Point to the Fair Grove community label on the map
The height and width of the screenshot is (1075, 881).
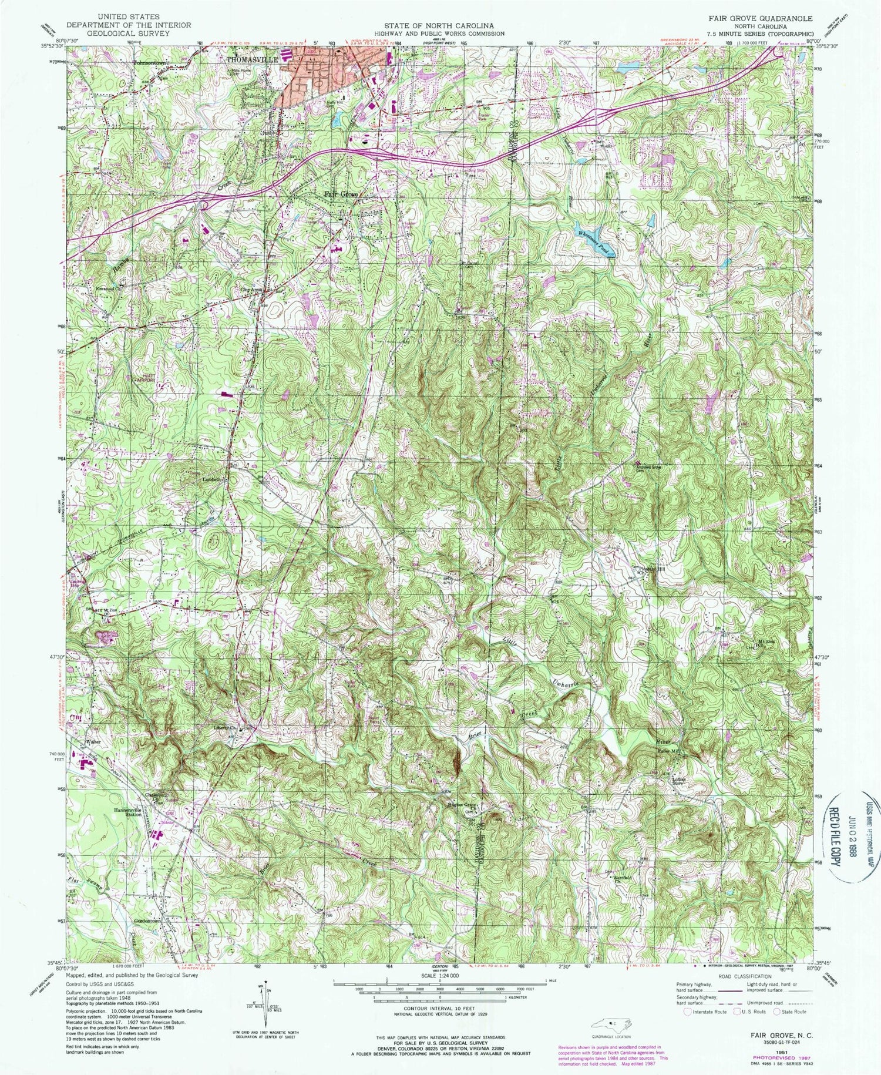(341, 195)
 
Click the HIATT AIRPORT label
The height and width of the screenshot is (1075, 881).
(146, 377)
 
